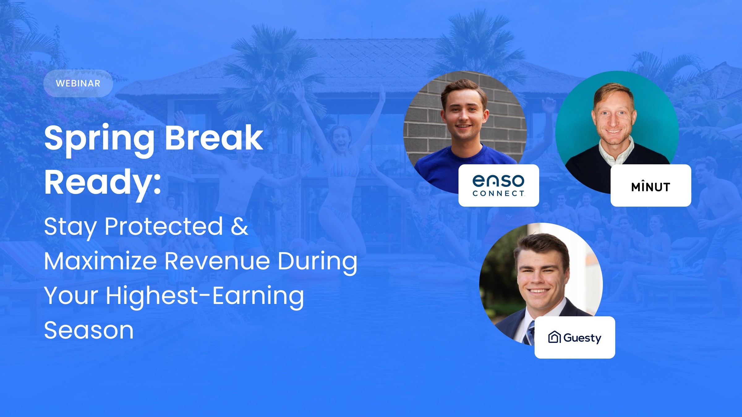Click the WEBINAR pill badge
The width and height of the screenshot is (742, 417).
[78, 83]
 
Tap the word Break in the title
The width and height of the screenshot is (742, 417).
[214, 138]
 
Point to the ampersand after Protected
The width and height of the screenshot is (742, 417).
[239, 226]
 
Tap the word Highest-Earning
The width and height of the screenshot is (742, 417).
[205, 296]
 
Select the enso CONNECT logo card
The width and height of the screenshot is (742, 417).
[498, 185]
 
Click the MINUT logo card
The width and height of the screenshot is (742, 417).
[650, 185]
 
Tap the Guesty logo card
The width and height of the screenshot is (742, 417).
[574, 337]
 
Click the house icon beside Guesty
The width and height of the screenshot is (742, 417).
[554, 337]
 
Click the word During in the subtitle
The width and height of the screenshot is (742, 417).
[317, 261]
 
